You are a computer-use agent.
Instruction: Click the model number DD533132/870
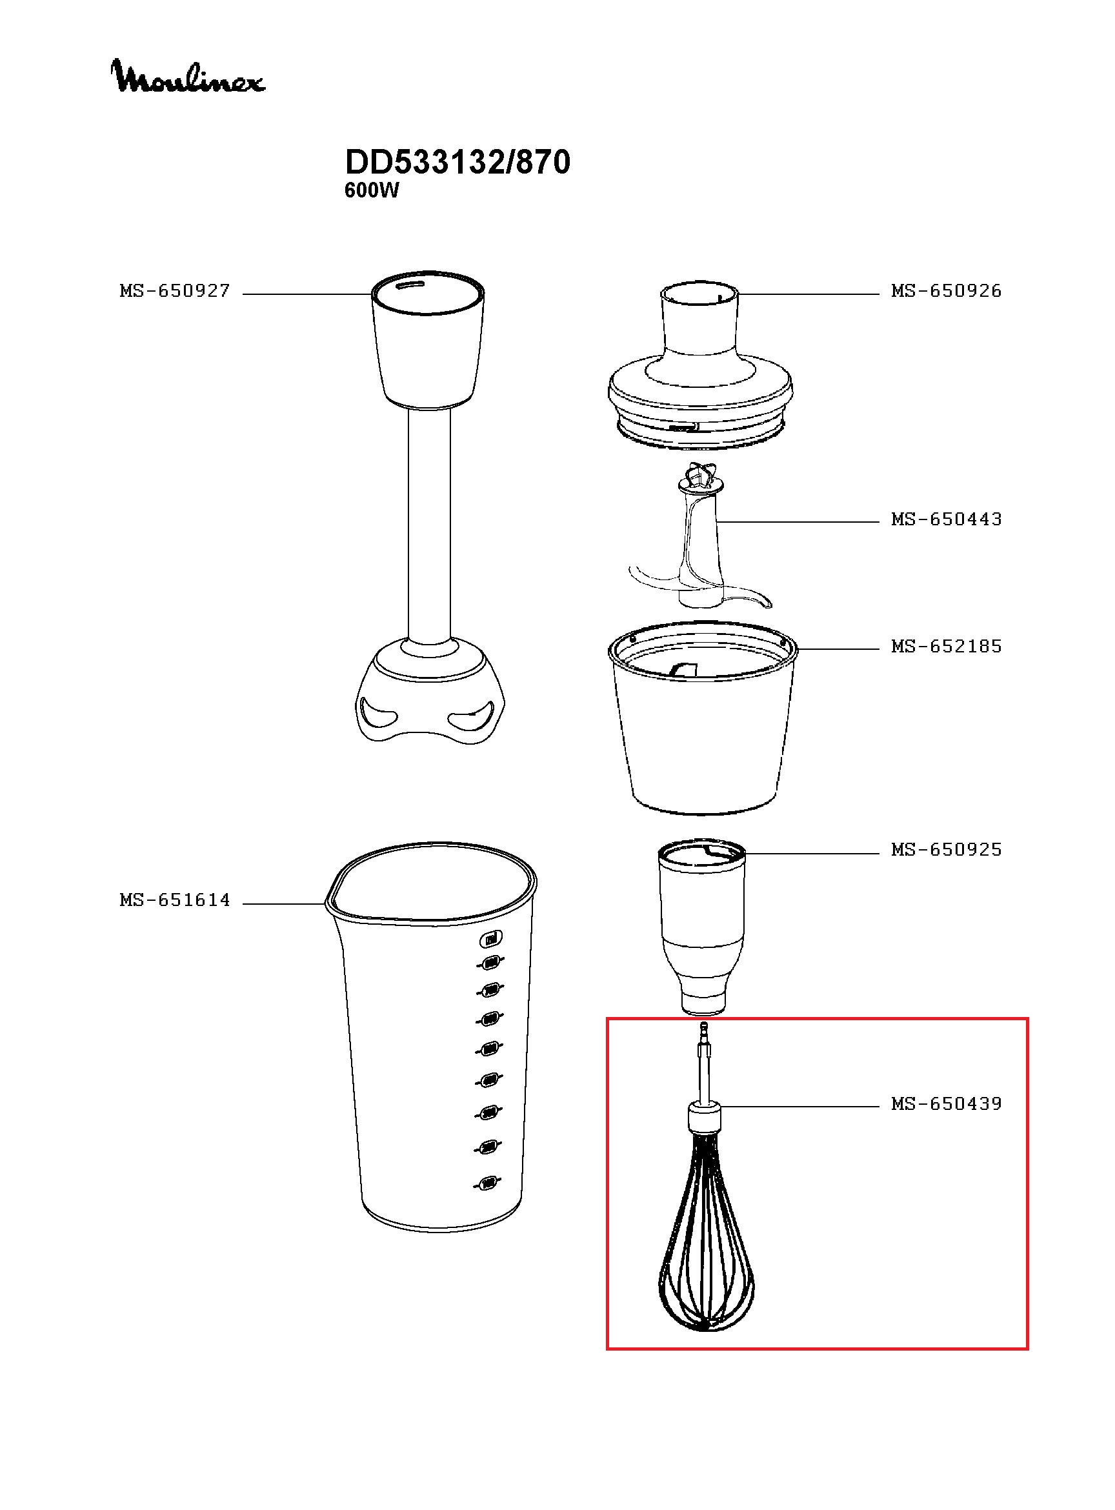pyautogui.click(x=457, y=163)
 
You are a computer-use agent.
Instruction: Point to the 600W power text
pyautogui.click(x=371, y=191)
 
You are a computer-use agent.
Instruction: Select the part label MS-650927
pyautogui.click(x=175, y=292)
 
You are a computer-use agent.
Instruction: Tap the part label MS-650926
pyautogui.click(x=945, y=292)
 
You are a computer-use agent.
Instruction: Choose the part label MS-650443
pyautogui.click(x=945, y=519)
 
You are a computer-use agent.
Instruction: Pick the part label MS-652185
pyautogui.click(x=945, y=647)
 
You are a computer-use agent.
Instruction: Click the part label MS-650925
pyautogui.click(x=945, y=850)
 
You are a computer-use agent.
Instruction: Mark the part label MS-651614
pyautogui.click(x=175, y=900)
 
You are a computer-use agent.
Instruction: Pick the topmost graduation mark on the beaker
pyautogui.click(x=491, y=938)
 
